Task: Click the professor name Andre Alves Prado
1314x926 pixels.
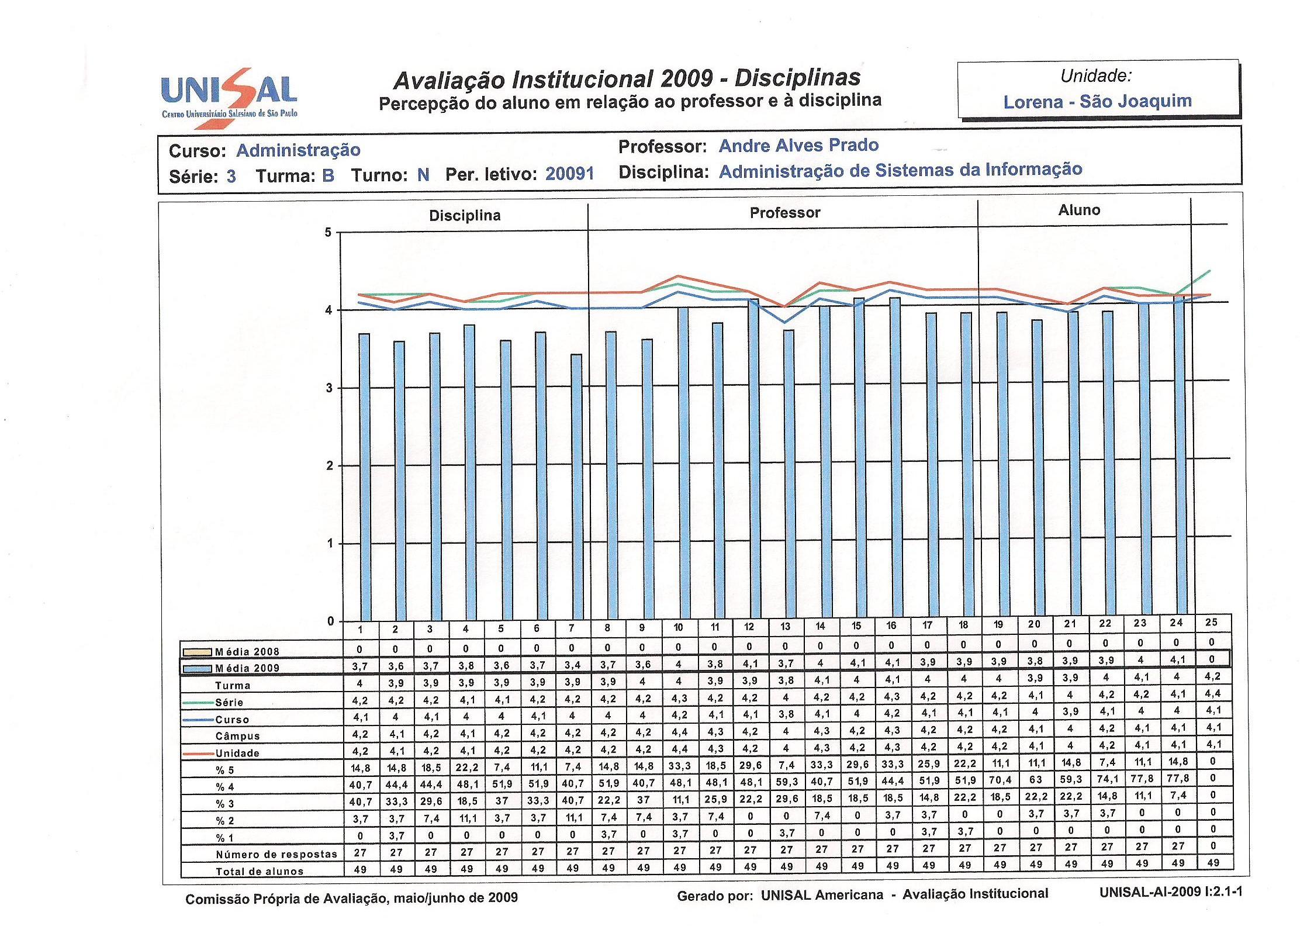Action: coord(798,145)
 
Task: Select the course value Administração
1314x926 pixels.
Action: coord(298,150)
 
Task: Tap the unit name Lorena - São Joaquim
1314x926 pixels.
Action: coord(1098,101)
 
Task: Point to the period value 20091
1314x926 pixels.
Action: coord(570,174)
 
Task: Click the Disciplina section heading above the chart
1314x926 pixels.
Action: coord(465,216)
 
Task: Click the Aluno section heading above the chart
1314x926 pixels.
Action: coord(1079,210)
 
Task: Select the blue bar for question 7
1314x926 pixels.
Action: coord(576,487)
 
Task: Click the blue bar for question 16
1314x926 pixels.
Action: coord(894,458)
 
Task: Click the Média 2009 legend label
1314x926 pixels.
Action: coord(247,668)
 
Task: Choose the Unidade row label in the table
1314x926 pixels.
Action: coord(237,753)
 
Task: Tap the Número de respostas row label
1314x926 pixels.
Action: coord(276,854)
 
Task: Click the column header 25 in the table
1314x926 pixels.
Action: coord(1211,622)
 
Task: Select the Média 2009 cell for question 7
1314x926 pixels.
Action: coord(572,665)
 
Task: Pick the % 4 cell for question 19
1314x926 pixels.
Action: coord(1000,780)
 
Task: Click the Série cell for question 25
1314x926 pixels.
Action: coord(1212,694)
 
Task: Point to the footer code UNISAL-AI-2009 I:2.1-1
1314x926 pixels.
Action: coord(1171,892)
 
